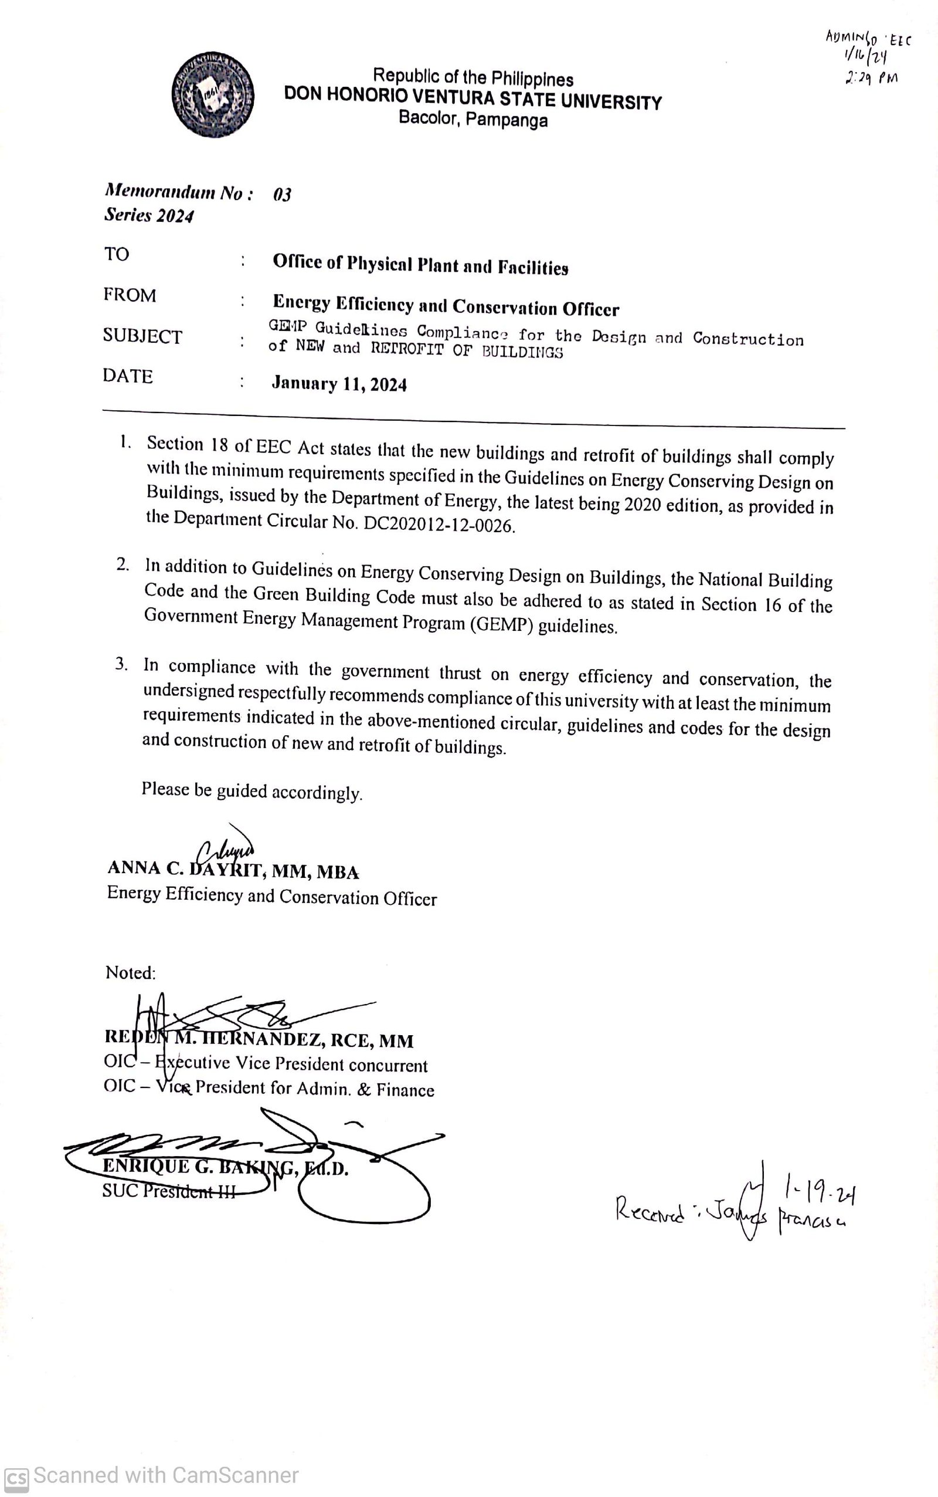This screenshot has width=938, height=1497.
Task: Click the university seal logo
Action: coord(213,96)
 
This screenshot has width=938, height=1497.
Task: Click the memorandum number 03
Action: coord(281,195)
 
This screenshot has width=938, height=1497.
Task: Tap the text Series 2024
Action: coord(149,215)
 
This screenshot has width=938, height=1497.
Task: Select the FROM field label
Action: coord(130,295)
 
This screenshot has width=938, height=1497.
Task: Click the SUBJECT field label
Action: coord(142,336)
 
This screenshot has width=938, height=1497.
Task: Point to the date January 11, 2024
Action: coord(339,384)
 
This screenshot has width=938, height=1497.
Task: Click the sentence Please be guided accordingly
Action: coord(252,791)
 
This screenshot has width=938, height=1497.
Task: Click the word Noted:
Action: coord(131,973)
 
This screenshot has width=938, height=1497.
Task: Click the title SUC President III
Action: coord(169,1191)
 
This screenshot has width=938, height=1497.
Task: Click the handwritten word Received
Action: coord(649,1211)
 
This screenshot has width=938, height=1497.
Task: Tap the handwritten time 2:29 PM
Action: coord(871,78)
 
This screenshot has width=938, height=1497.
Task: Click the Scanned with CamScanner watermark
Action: coord(152,1476)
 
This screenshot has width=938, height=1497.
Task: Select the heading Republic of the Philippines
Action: coord(473,77)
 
